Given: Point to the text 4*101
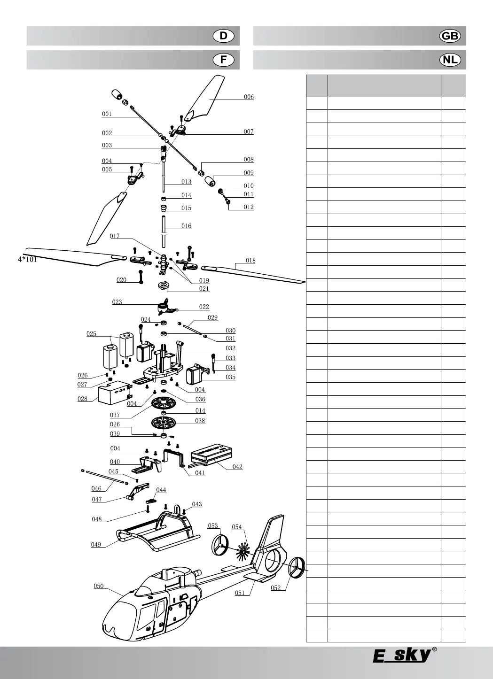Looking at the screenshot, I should [27, 259].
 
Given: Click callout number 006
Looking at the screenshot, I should [249, 97].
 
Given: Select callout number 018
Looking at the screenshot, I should [250, 261].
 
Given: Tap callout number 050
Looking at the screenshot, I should [98, 586].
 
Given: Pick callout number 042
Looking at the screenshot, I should [237, 467].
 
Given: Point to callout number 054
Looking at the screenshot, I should [237, 527].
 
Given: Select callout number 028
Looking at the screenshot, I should [82, 399].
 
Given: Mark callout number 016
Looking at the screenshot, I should [187, 226].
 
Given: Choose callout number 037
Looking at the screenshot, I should [115, 415].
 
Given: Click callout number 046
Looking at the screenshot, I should [96, 489].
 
